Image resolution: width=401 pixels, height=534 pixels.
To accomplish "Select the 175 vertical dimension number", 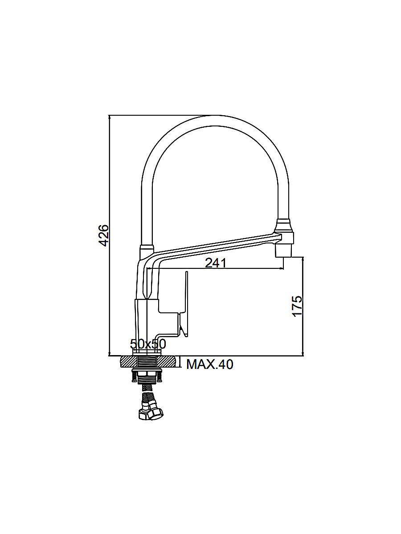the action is coord(297,306).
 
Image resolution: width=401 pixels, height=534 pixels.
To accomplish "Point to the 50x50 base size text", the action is coord(148,344).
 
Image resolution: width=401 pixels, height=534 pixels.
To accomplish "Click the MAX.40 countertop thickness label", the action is coord(209,364).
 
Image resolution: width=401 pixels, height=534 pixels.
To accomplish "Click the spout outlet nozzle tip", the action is coord(283,251).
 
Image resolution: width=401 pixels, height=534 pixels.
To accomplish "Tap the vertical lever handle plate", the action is coord(187,304).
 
